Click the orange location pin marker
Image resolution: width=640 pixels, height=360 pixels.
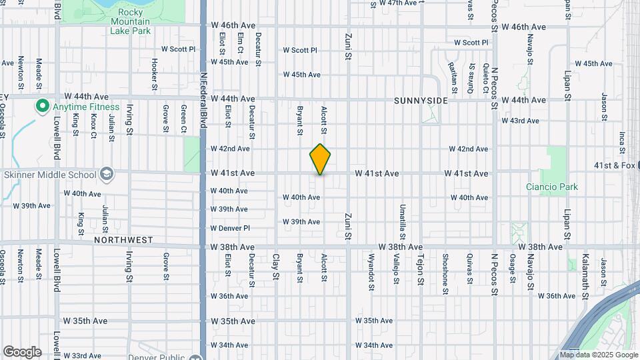(321, 159)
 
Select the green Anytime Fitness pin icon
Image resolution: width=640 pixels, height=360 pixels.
(41, 106)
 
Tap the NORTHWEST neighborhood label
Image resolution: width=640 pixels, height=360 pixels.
(123, 239)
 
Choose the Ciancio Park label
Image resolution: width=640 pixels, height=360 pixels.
(551, 187)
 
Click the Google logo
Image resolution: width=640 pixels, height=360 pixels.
(21, 352)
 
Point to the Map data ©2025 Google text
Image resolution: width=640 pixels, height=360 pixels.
(598, 355)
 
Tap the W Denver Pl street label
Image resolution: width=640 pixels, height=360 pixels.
(230, 228)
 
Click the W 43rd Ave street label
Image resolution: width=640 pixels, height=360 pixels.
(520, 121)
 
